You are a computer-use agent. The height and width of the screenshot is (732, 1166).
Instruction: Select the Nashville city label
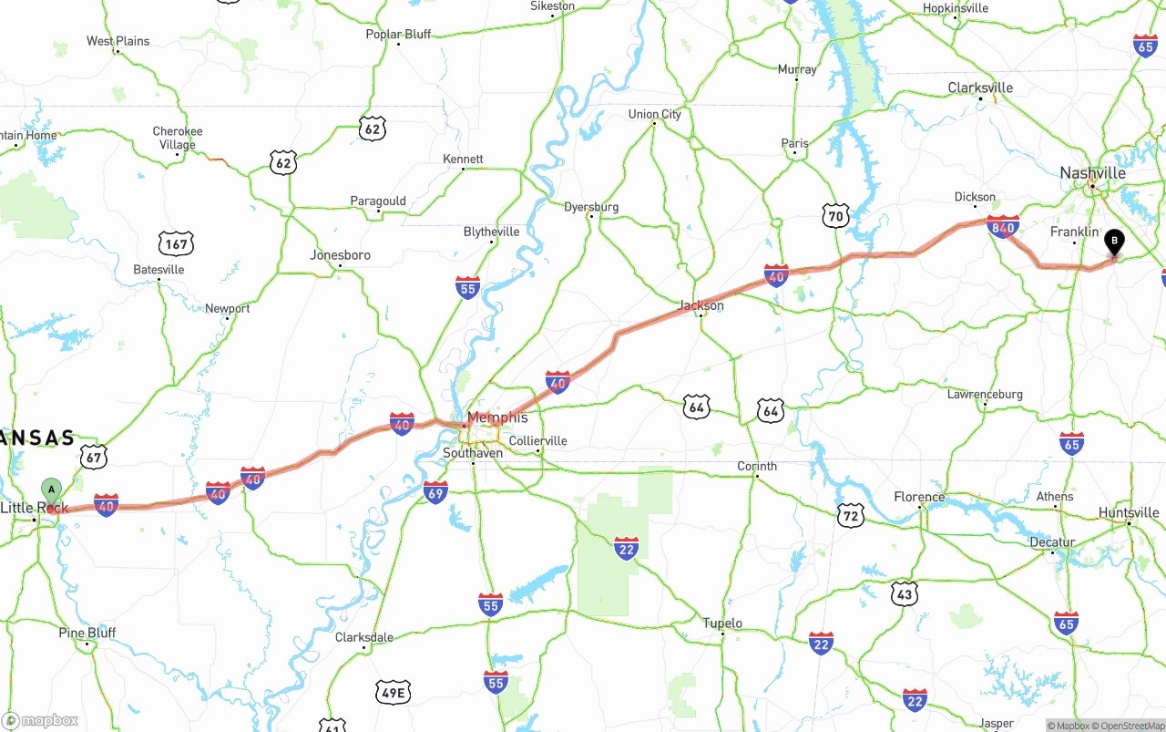[1092, 173]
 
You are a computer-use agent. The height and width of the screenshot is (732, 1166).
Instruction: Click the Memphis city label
[497, 418]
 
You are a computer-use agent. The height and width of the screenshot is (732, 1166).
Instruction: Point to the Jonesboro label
[340, 255]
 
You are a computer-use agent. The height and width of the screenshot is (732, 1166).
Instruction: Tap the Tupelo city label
[722, 624]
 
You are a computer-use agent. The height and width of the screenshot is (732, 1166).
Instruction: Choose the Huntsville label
[1129, 512]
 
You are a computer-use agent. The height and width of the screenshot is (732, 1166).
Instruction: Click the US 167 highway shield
[176, 243]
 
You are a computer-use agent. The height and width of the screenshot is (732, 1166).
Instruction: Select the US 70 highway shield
[835, 216]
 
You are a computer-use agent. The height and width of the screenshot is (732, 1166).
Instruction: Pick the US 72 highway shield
[851, 515]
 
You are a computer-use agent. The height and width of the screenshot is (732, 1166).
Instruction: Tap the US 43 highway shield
[904, 593]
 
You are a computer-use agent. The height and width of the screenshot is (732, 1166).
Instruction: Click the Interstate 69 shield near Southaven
[435, 493]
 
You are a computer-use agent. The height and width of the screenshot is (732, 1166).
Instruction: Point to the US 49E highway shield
[393, 693]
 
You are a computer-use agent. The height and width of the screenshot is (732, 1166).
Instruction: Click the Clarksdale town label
[364, 637]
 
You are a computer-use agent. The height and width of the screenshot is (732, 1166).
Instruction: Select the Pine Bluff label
[88, 633]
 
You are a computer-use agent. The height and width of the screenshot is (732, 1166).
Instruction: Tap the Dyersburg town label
[591, 207]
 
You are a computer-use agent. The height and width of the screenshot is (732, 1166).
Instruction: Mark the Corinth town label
[757, 466]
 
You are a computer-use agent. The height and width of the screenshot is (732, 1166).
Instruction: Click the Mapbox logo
[41, 720]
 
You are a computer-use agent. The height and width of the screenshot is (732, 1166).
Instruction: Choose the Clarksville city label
[980, 88]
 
